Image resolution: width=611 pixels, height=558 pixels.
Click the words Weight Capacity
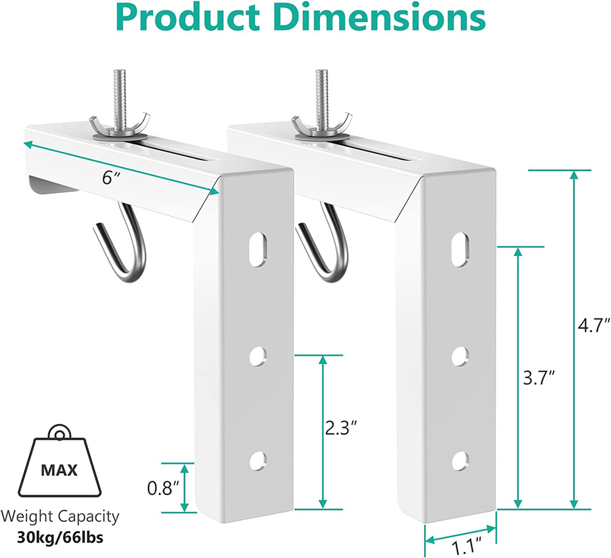tap(59, 517)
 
